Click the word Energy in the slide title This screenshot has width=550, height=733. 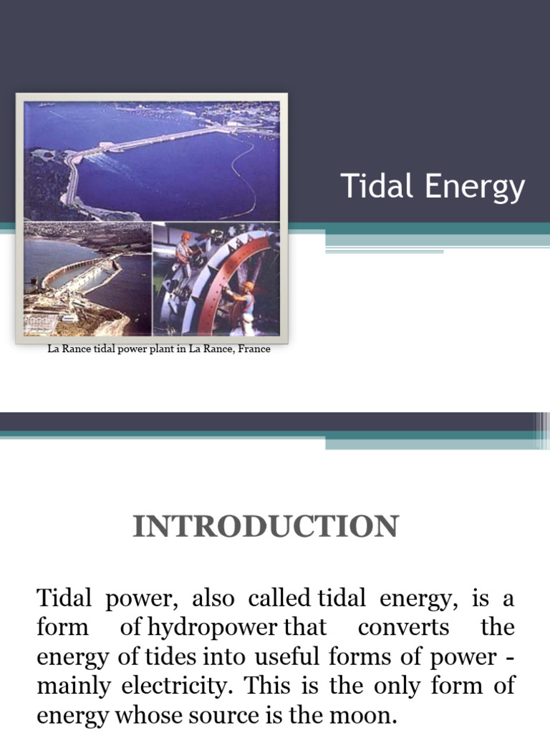click(475, 188)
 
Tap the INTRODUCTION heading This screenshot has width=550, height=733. click(265, 527)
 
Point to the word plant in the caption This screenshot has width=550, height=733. click(155, 350)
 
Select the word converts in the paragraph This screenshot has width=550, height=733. click(403, 628)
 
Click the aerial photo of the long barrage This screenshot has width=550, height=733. click(152, 161)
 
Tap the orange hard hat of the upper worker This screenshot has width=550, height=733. click(185, 236)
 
